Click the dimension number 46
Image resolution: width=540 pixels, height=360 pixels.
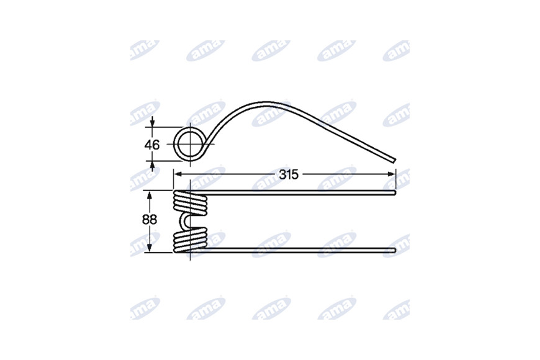(152, 145)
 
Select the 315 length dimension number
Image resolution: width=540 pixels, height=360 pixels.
(288, 174)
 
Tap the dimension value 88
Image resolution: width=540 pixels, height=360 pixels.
(150, 220)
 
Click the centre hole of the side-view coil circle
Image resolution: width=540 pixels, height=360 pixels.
(189, 144)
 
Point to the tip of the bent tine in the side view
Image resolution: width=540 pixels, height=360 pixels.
(394, 160)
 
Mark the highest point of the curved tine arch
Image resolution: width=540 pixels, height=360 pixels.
(267, 102)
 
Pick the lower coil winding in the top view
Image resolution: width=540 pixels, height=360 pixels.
(190, 240)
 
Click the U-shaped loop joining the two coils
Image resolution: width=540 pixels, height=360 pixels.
(184, 220)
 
